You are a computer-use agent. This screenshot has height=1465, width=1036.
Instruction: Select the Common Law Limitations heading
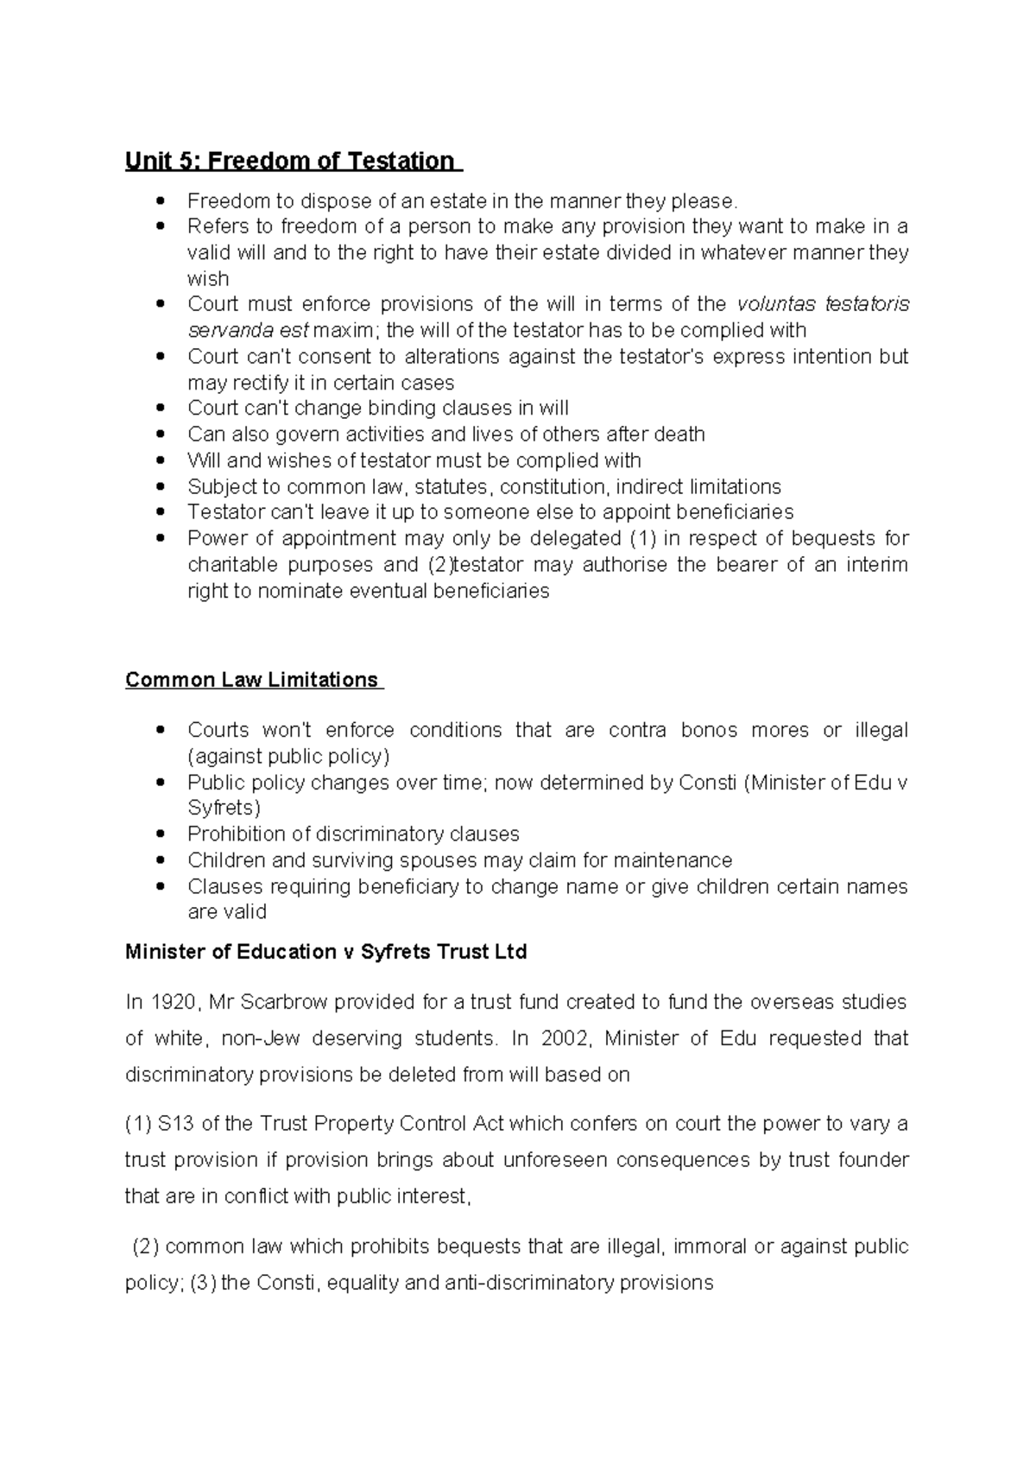252,680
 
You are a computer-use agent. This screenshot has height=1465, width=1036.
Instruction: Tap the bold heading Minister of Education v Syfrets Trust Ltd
325,952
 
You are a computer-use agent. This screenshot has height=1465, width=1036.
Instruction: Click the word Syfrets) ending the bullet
224,808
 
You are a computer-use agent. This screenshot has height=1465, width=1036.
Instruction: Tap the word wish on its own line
208,278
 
